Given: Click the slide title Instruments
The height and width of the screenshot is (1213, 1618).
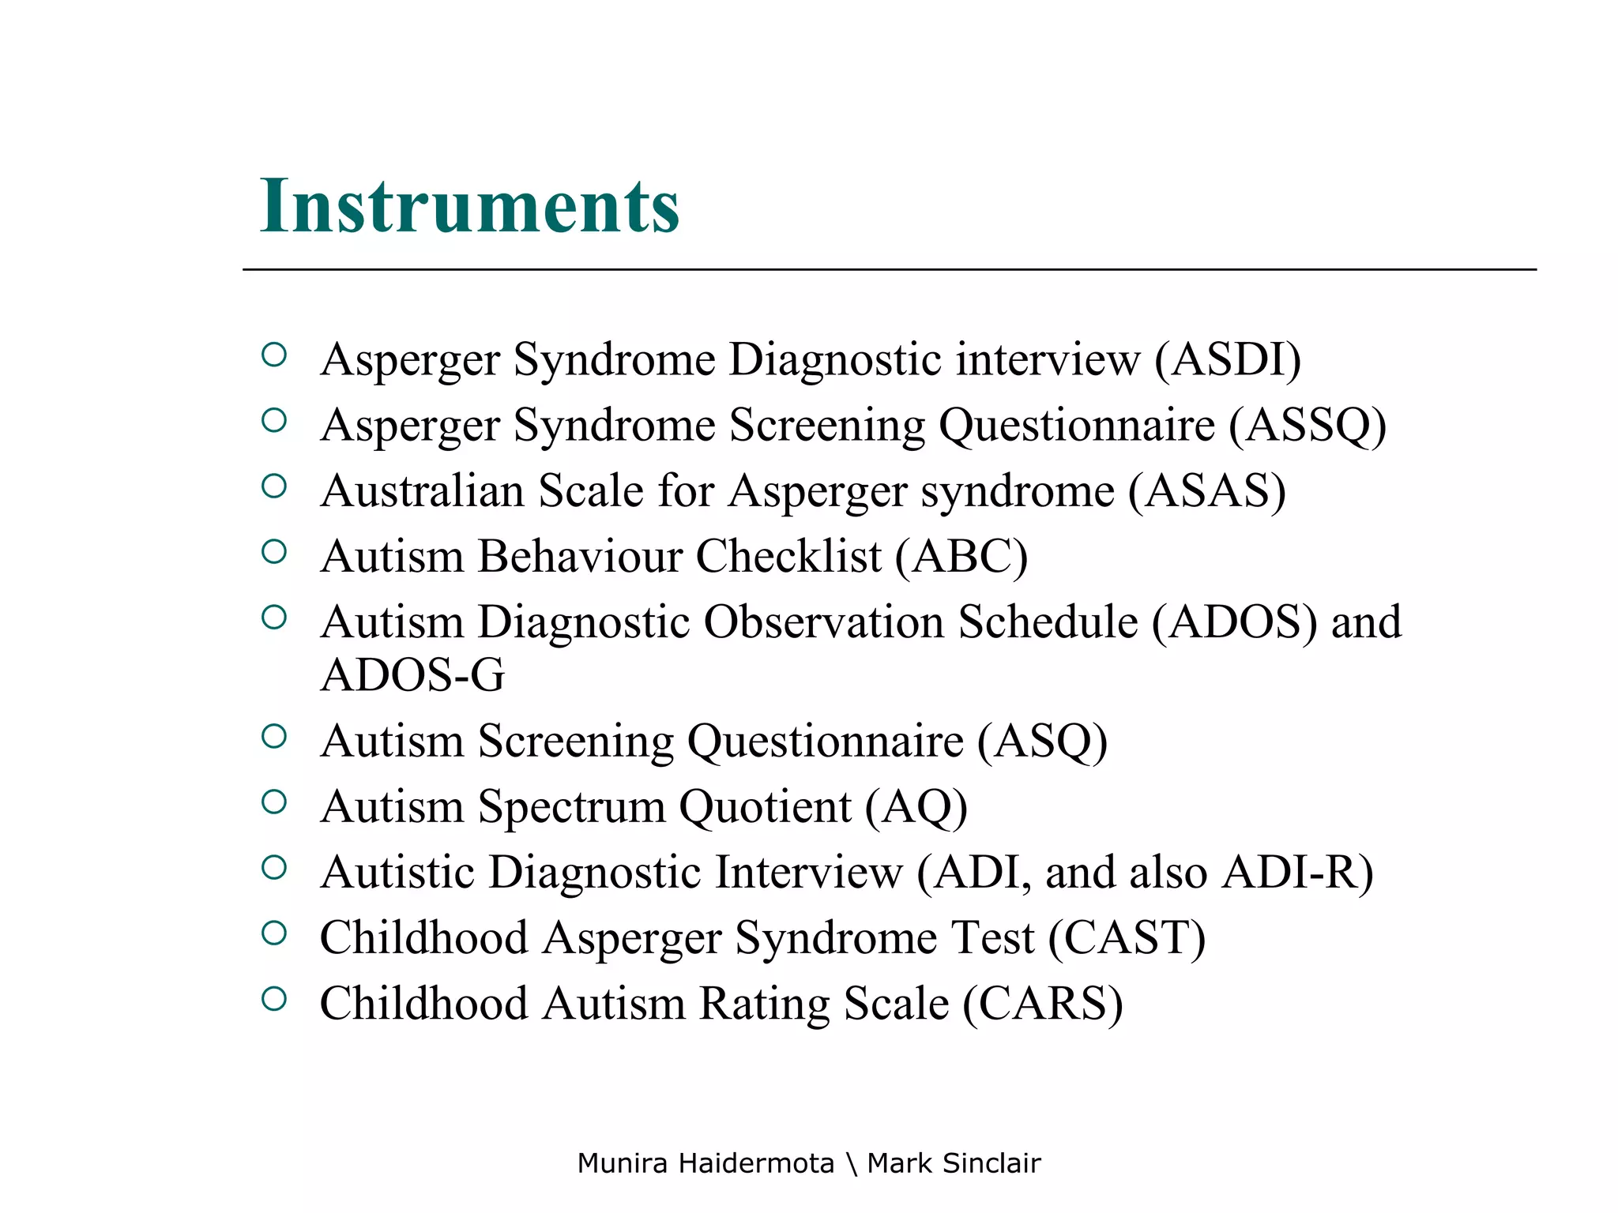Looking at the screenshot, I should (x=469, y=206).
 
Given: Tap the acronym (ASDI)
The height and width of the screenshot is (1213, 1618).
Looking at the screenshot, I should (x=1227, y=359).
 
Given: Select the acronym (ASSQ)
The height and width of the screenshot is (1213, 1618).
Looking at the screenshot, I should (x=1307, y=425).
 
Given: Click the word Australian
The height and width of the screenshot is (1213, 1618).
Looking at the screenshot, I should (x=423, y=490).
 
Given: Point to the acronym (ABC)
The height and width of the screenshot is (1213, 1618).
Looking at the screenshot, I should (x=961, y=556).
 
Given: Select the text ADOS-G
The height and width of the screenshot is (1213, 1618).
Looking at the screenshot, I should (x=412, y=675).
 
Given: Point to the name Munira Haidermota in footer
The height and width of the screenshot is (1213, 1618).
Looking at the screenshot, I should (x=705, y=1163).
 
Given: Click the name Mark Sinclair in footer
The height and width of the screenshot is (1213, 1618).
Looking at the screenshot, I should (x=954, y=1163).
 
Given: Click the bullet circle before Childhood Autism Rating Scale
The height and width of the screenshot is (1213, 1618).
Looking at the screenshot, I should (x=273, y=999).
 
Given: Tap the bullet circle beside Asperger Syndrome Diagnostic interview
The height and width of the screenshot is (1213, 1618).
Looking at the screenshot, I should (x=273, y=355).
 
